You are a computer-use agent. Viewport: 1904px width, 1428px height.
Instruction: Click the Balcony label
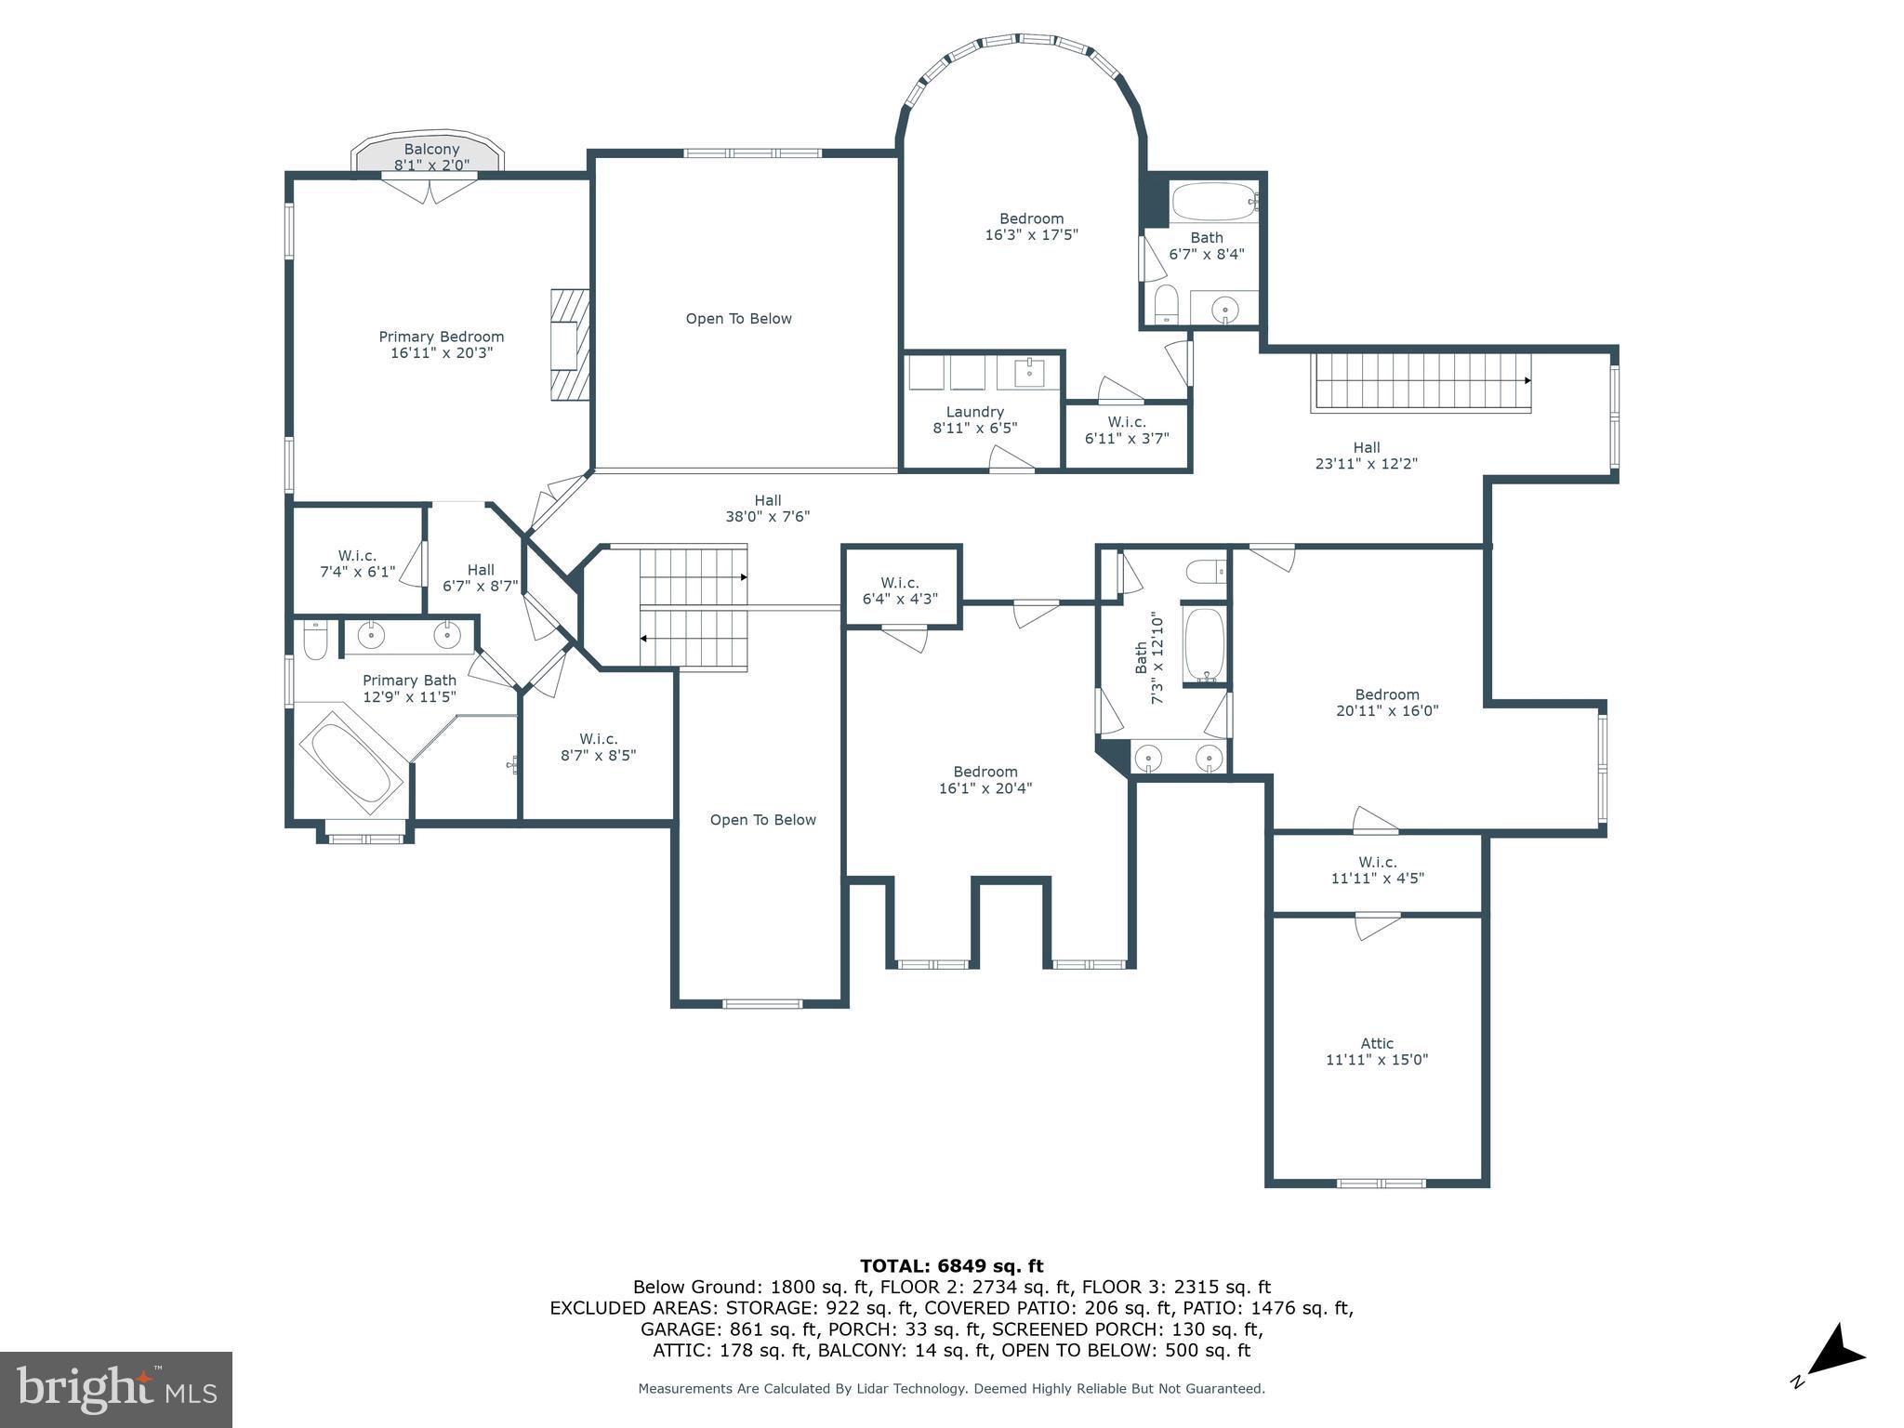[x=431, y=150]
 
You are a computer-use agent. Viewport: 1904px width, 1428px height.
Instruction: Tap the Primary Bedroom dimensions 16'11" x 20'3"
[x=442, y=353]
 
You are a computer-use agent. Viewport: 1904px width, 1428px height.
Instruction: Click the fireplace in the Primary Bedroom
[x=569, y=345]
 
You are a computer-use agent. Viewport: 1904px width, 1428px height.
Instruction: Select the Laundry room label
[x=974, y=412]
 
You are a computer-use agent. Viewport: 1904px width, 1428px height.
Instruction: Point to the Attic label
[x=1377, y=1043]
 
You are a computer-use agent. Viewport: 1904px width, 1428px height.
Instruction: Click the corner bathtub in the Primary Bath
[x=350, y=762]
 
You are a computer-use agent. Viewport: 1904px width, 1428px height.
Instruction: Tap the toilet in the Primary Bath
[x=315, y=641]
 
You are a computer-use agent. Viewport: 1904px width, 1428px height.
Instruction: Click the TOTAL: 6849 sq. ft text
[x=951, y=1265]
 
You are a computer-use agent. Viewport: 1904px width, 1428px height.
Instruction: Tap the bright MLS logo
[x=116, y=1389]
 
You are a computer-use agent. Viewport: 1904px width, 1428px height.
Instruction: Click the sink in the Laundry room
[x=1029, y=374]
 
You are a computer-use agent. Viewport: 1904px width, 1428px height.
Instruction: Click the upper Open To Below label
[x=738, y=319]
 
